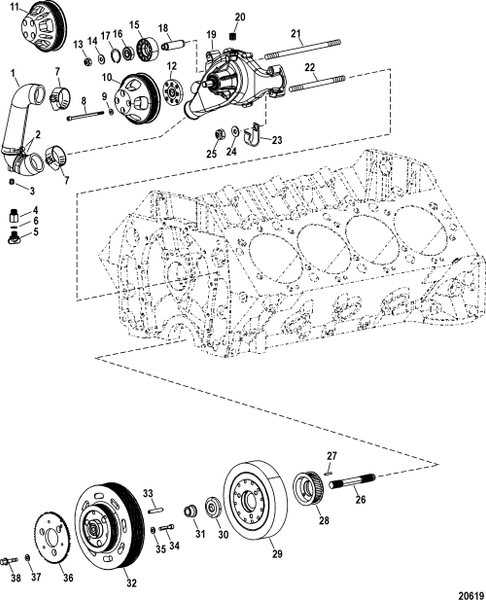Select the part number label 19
(212, 36)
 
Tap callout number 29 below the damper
(277, 554)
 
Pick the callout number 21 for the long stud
(297, 33)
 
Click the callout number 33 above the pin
(146, 494)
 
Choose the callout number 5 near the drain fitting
(36, 233)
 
